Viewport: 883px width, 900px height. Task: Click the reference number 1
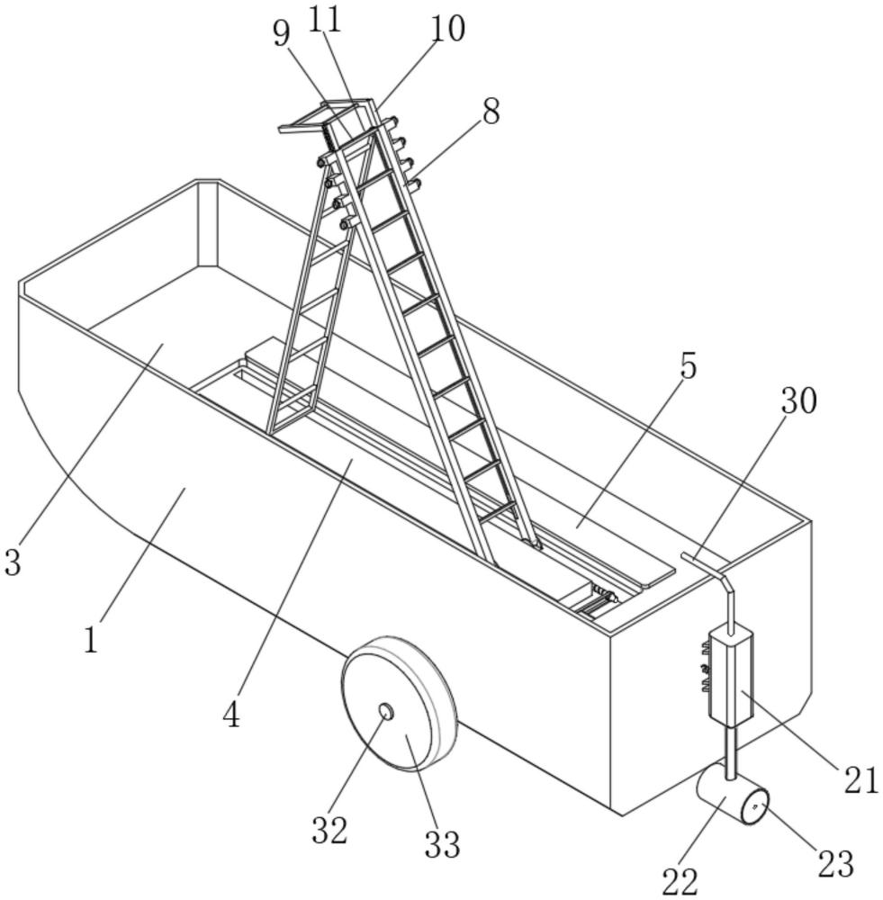click(x=91, y=639)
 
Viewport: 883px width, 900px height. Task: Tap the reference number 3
click(x=13, y=562)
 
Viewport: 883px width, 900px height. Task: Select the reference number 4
click(x=231, y=715)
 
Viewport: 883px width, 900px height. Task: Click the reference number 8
click(x=491, y=111)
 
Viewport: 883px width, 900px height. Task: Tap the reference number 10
click(x=447, y=29)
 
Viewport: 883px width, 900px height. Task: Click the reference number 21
click(x=861, y=779)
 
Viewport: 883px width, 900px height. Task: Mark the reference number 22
click(x=680, y=881)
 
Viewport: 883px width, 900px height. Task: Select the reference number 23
click(x=835, y=863)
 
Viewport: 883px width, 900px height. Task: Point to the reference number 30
click(x=798, y=400)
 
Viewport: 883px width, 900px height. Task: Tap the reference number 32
click(x=329, y=830)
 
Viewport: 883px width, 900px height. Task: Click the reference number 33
click(x=442, y=844)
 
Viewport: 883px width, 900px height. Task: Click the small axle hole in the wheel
click(x=386, y=712)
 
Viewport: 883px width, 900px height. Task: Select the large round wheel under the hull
click(x=399, y=704)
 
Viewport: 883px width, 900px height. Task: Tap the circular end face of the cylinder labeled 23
click(x=754, y=806)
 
